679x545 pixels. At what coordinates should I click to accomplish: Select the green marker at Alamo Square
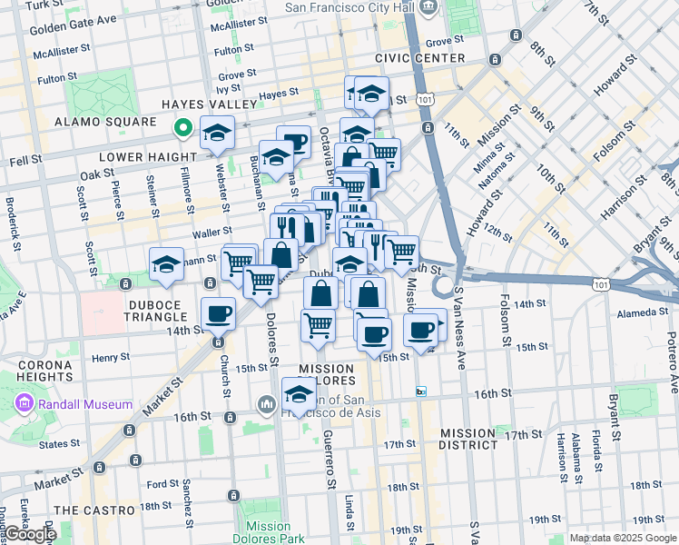[x=182, y=128]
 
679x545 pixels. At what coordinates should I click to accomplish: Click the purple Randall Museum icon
[x=25, y=403]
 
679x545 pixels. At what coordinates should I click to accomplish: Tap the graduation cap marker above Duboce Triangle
[x=166, y=264]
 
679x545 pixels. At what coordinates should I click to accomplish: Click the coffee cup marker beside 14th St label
[x=218, y=314]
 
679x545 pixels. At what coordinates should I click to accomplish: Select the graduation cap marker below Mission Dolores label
[x=299, y=395]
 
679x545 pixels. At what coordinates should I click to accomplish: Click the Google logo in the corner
[x=29, y=534]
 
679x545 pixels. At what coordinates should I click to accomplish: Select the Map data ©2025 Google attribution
[x=623, y=538]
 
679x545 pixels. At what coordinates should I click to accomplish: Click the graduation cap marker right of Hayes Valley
[x=218, y=134]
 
